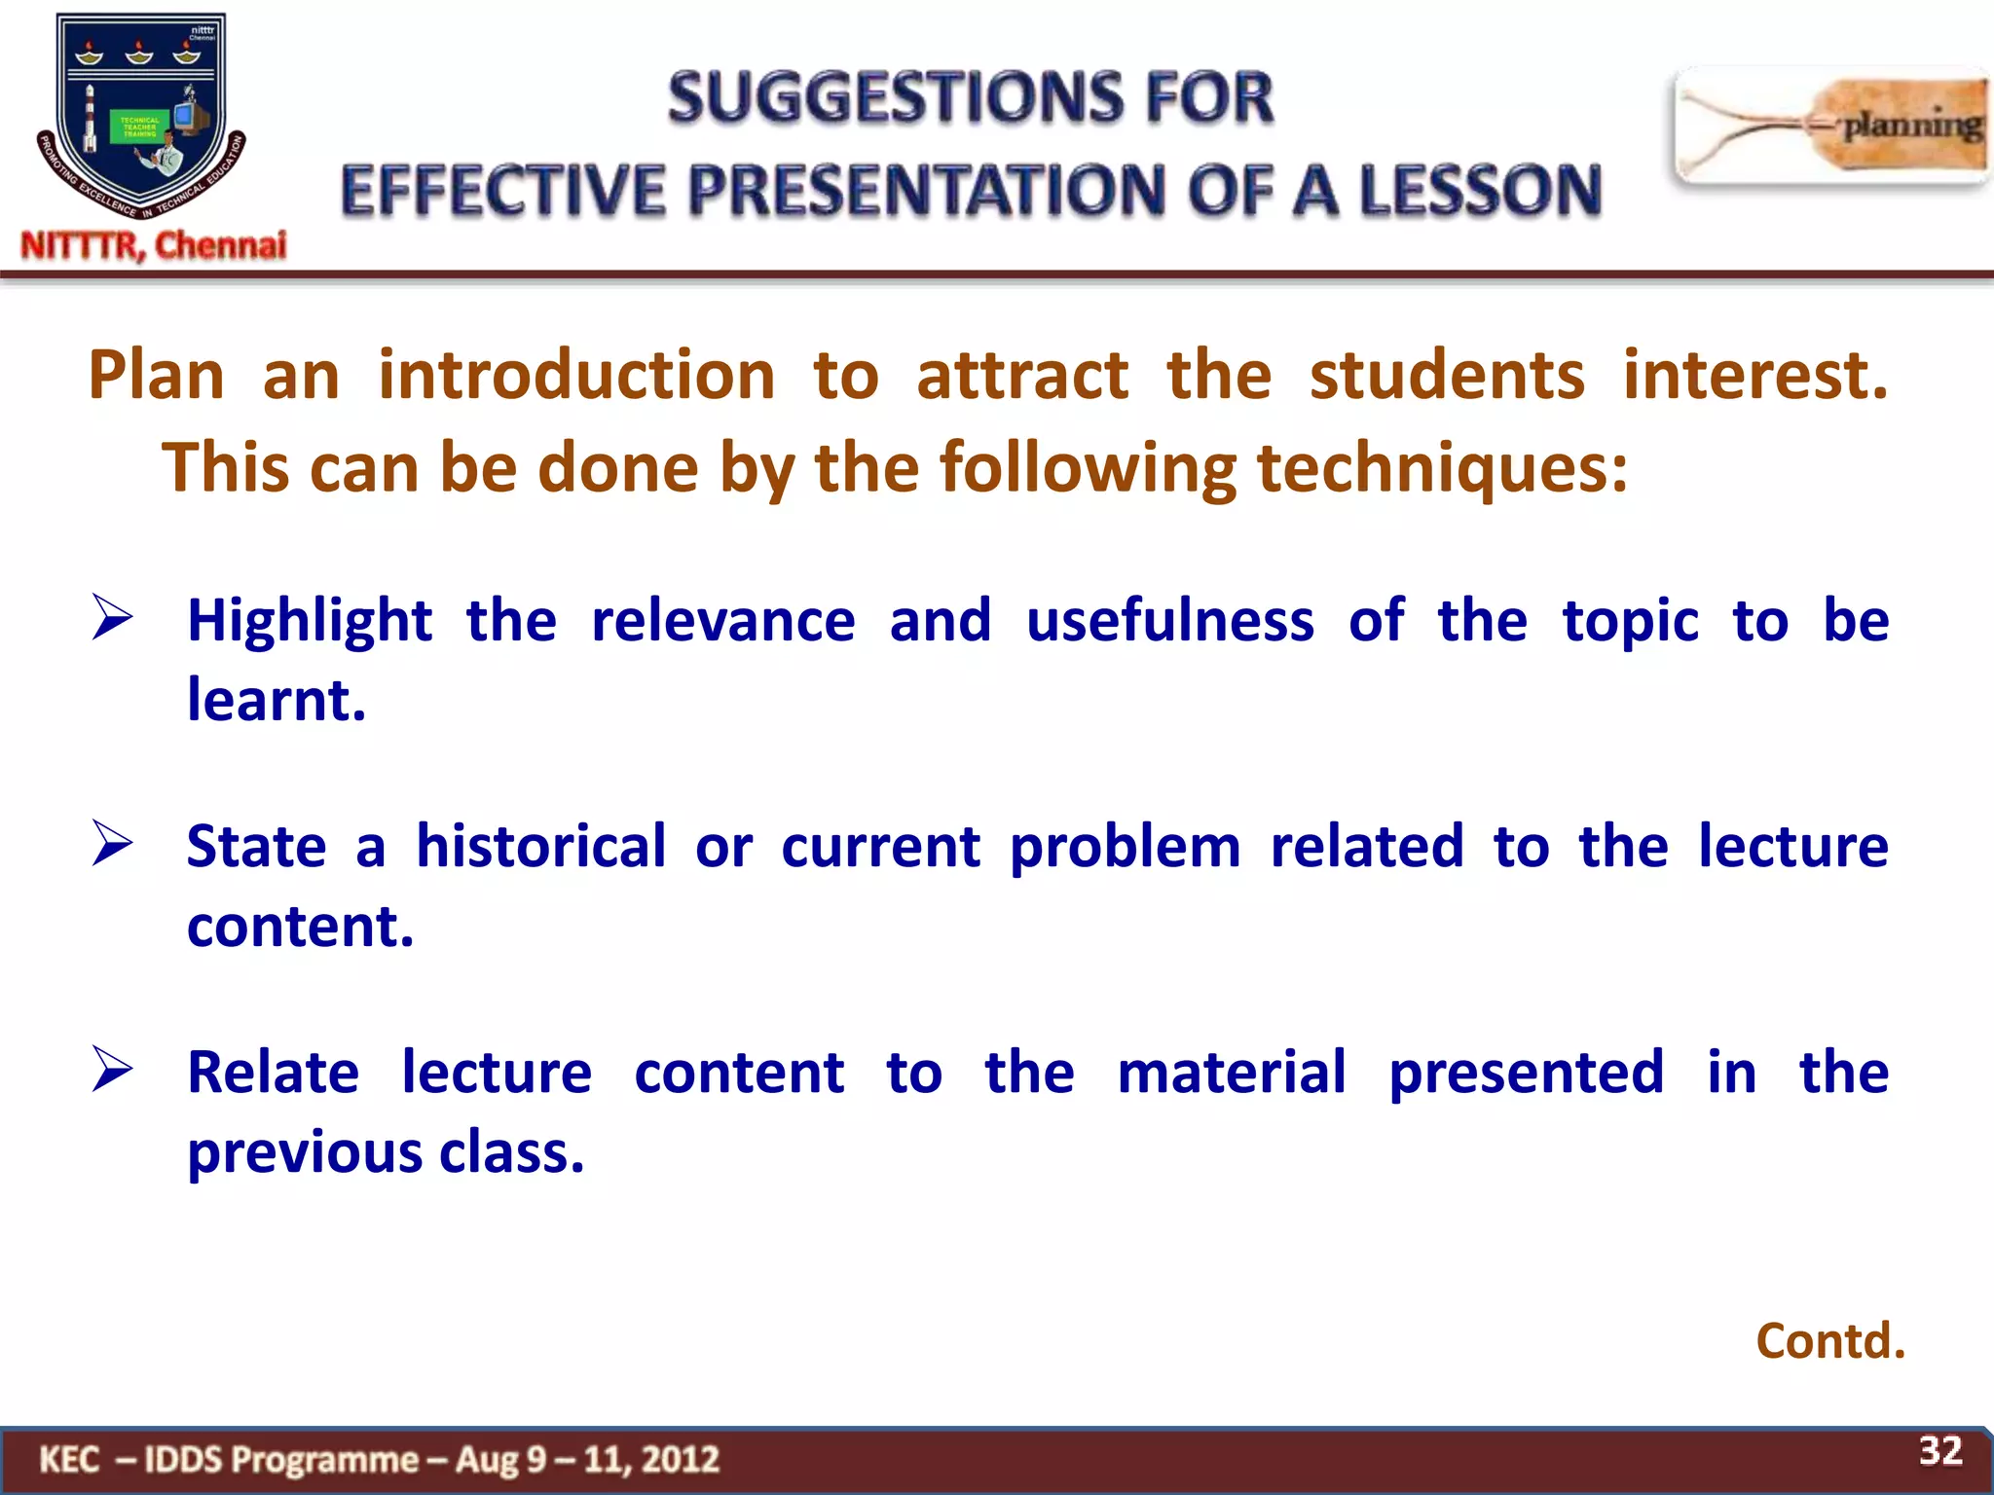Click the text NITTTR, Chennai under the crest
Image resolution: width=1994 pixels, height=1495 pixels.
click(x=154, y=245)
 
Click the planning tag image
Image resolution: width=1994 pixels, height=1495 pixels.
click(x=1830, y=126)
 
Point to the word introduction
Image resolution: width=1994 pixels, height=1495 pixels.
click(x=576, y=376)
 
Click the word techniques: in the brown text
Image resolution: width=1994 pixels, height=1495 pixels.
click(x=1442, y=468)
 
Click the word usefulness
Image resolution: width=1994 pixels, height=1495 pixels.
click(x=1169, y=621)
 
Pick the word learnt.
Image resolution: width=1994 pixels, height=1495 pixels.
click(x=277, y=701)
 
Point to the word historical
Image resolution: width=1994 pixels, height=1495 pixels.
click(x=541, y=847)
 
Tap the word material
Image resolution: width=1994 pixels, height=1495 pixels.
click(x=1232, y=1073)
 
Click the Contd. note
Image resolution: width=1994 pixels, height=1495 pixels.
click(x=1829, y=1341)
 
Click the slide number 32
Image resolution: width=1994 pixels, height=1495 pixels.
click(x=1939, y=1451)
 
